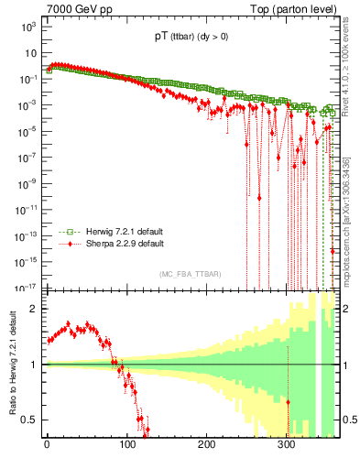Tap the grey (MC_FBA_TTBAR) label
click(x=190, y=274)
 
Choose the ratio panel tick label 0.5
click(x=29, y=420)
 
